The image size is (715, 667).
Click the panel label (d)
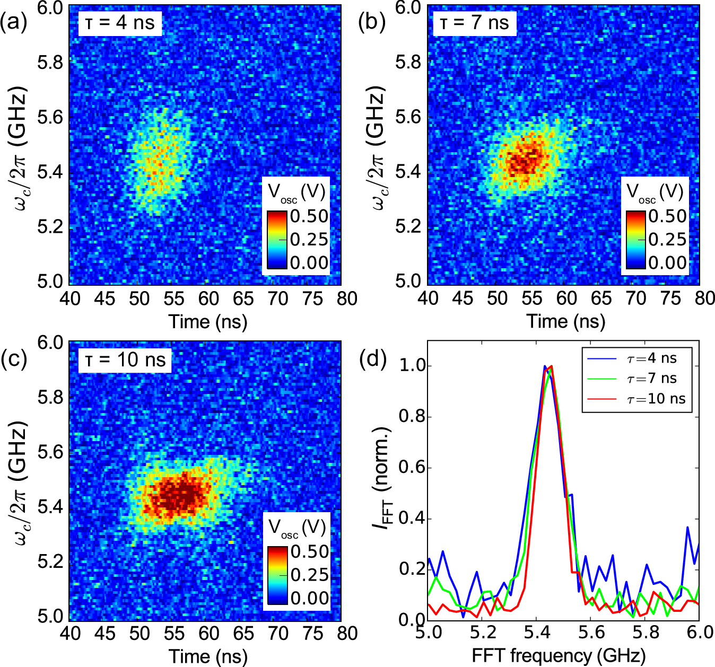pyautogui.click(x=372, y=359)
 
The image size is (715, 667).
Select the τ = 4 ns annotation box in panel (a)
pyautogui.click(x=120, y=23)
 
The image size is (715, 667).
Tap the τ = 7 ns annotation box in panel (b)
pyautogui.click(x=474, y=23)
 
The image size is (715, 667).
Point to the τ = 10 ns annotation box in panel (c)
pyautogui.click(x=125, y=360)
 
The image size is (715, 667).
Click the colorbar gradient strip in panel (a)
pyautogui.click(x=277, y=239)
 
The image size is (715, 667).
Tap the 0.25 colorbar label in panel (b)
pyautogui.click(x=667, y=240)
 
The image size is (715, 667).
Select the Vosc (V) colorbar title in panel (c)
pyautogui.click(x=297, y=528)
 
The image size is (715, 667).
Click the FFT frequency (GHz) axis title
pyautogui.click(x=559, y=656)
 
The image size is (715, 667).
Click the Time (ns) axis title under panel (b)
pyautogui.click(x=565, y=321)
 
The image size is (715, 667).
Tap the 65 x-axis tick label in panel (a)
pyautogui.click(x=243, y=299)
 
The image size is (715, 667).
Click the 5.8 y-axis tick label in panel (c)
pyautogui.click(x=51, y=397)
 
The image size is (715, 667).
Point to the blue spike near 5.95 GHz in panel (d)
pyautogui.click(x=687, y=528)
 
